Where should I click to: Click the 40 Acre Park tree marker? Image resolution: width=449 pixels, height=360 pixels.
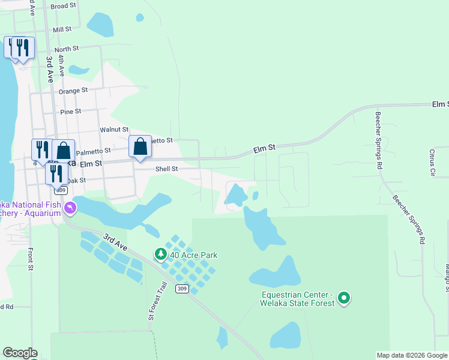(160, 254)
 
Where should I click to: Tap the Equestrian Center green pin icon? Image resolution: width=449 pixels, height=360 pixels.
(344, 298)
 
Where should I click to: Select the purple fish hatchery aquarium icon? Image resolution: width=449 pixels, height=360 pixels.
(71, 208)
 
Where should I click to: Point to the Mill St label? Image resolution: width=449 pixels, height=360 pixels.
(62, 29)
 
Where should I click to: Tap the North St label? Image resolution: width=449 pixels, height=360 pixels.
(66, 49)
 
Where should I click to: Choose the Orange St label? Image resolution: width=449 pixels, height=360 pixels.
(73, 91)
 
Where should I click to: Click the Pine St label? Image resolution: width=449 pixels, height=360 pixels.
(70, 112)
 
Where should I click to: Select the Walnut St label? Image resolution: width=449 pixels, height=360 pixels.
(114, 129)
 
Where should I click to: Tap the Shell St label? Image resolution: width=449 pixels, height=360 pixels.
(166, 169)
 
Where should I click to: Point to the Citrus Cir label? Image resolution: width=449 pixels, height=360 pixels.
(432, 163)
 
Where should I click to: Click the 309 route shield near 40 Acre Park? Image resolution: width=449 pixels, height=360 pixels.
(182, 289)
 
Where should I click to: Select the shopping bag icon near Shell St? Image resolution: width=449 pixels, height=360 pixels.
(140, 146)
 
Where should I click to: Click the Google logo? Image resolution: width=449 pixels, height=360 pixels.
(20, 353)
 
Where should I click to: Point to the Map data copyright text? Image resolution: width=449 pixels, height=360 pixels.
(412, 355)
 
